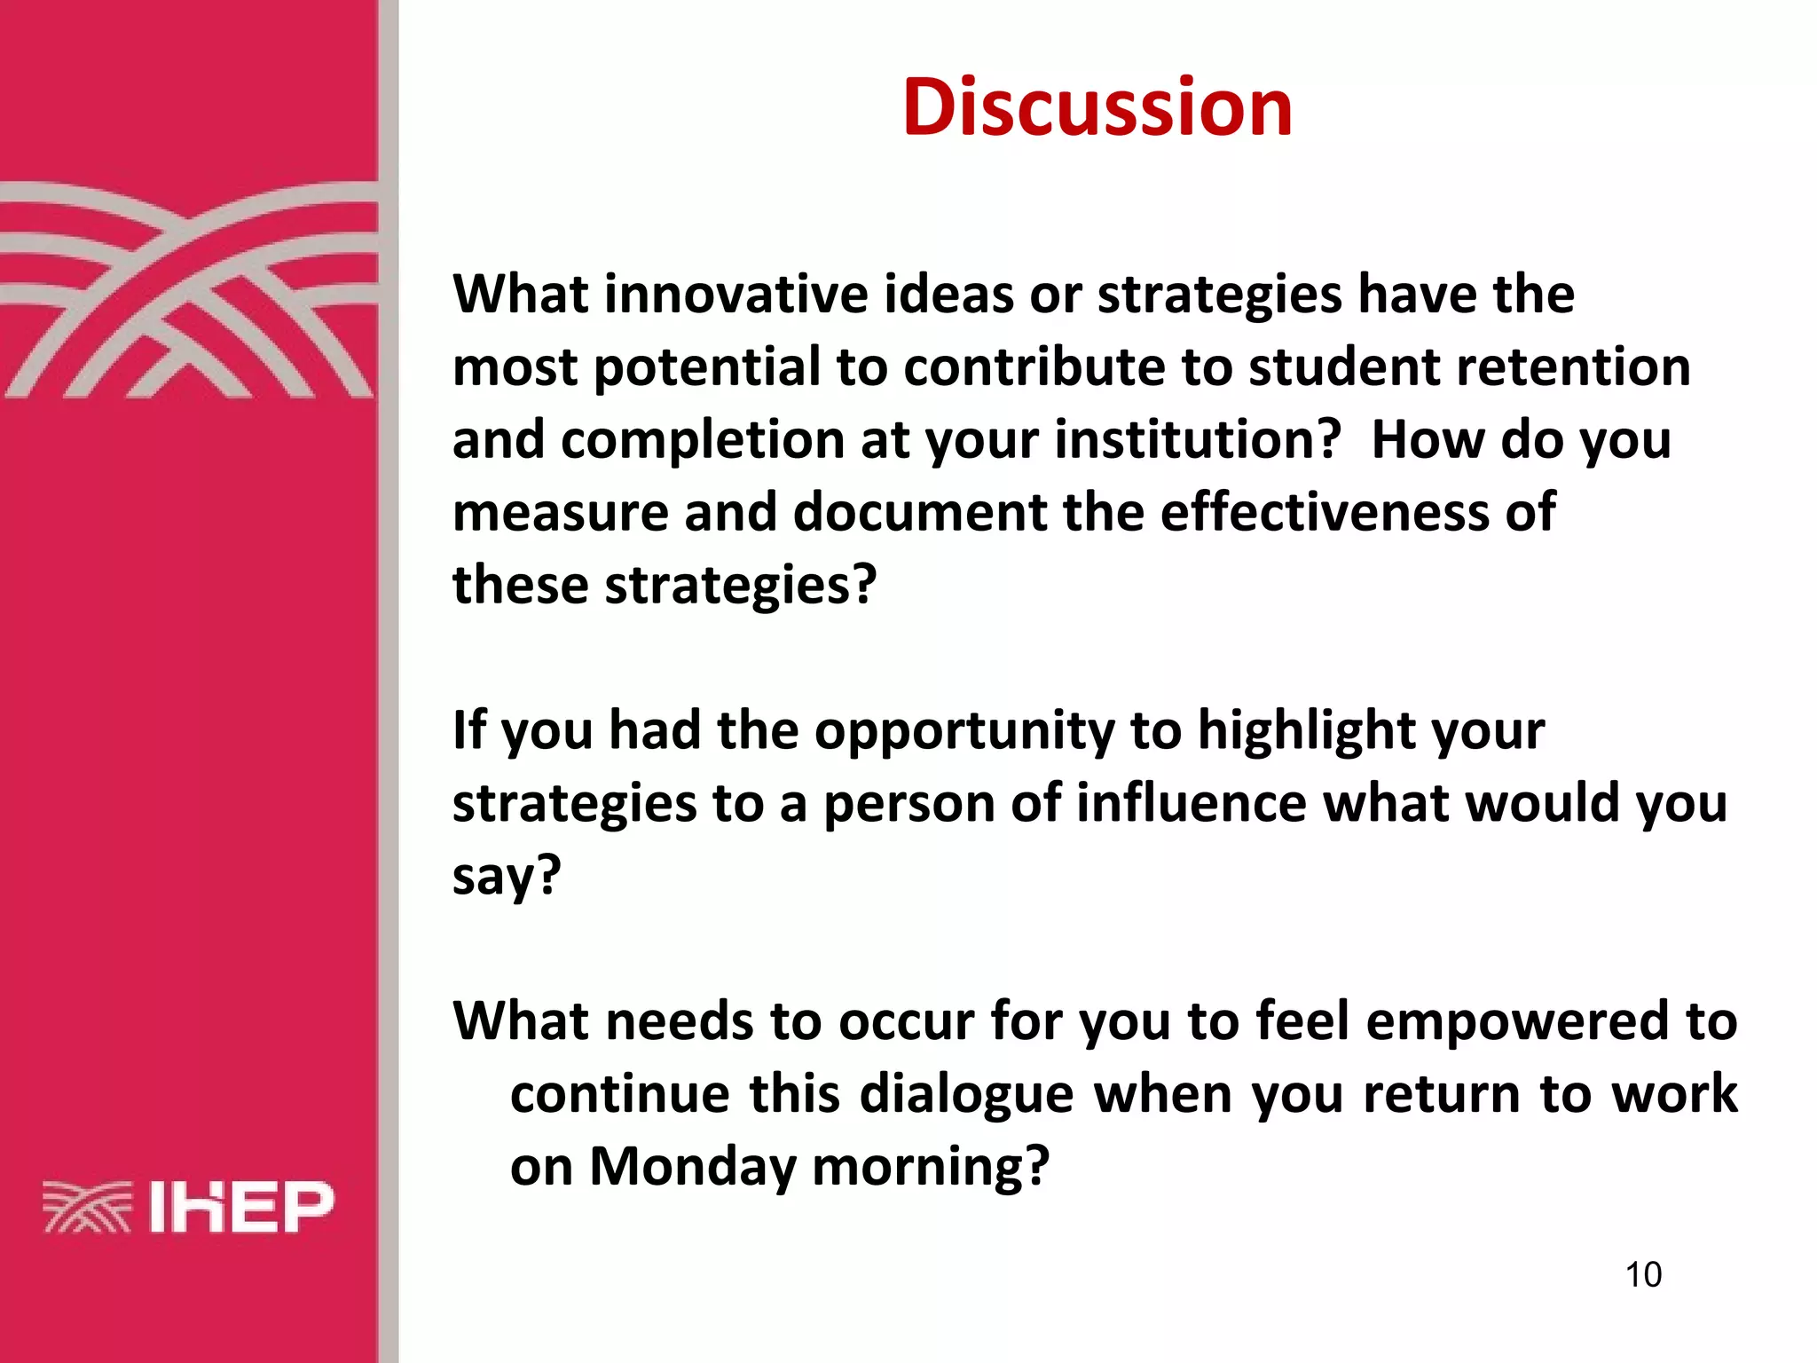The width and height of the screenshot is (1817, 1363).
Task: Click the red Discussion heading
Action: point(1097,107)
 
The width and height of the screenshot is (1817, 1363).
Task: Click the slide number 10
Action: point(1643,1274)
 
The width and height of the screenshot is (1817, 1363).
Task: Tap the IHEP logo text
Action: point(240,1207)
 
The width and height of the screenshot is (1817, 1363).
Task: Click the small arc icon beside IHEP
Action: point(87,1207)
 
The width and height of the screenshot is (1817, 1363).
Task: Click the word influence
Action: point(1192,804)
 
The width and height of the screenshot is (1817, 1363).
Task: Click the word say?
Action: point(507,877)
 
